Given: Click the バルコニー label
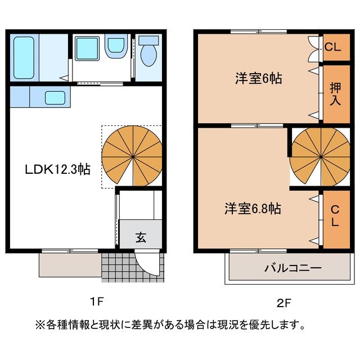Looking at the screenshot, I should pos(285,268).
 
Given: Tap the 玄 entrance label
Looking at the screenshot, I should pos(141,237).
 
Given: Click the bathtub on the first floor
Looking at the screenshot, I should pos(24,58).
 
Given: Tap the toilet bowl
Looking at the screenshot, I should pos(149,53).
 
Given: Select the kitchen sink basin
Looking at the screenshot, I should pos(55,97).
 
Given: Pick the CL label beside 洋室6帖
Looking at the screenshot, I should pos(333,47).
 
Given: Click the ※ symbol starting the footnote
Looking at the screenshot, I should pos(39,326).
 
